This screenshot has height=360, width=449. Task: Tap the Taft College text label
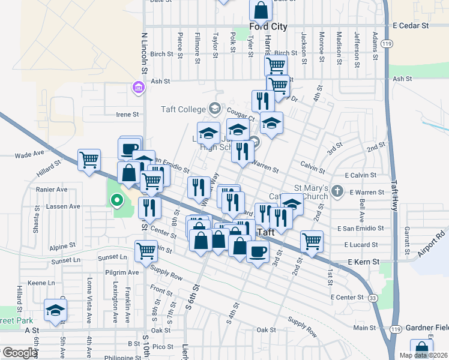point(183,109)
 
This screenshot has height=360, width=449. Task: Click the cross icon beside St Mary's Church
point(337,192)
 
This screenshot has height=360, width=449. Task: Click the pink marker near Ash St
point(138,89)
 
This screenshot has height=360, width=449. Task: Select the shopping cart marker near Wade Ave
point(89,160)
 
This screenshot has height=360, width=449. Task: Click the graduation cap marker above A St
point(55,311)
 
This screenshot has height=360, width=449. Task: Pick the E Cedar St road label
point(411,26)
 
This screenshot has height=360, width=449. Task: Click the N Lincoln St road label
point(144,54)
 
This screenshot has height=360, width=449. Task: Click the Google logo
point(20,353)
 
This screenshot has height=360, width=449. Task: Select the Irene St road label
point(127,114)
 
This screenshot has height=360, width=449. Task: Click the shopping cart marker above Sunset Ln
point(146,251)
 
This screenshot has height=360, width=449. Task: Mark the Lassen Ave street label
point(66,206)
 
